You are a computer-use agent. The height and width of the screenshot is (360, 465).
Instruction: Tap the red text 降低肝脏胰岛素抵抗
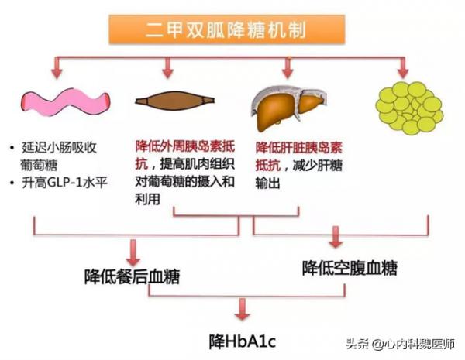[x=300, y=146]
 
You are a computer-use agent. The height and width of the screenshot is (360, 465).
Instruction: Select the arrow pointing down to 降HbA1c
[x=242, y=310]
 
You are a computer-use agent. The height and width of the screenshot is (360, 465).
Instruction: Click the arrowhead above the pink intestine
[x=55, y=74]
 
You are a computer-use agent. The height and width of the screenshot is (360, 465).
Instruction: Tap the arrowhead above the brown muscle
[x=166, y=74]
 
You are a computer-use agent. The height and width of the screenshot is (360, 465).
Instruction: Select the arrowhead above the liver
[x=287, y=74]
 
